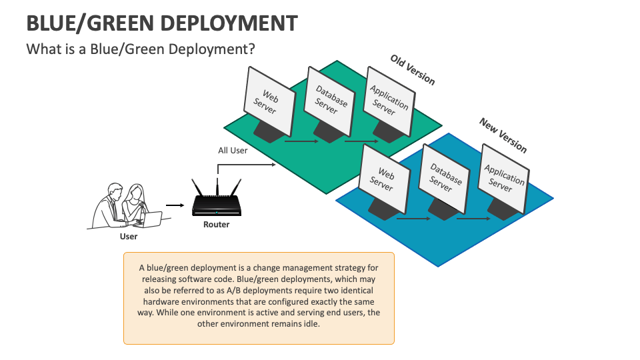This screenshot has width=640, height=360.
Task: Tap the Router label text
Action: click(216, 225)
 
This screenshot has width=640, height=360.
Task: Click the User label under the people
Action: click(129, 237)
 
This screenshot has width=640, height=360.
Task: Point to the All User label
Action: click(233, 151)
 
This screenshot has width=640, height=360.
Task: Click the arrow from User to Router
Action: click(174, 206)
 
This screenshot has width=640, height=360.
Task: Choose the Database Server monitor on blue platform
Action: click(444, 176)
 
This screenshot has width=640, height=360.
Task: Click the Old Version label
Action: click(413, 69)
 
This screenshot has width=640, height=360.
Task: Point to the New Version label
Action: click(503, 135)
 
